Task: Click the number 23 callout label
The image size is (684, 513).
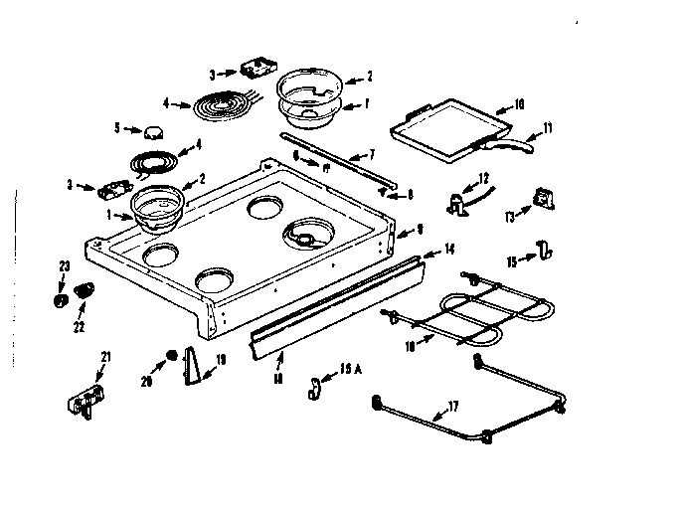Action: point(65,265)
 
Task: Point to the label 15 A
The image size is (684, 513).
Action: point(349,370)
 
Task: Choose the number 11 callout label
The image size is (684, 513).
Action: point(546,129)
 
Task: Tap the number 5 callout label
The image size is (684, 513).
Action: point(117,128)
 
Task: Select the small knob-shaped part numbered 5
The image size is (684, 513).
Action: point(153,132)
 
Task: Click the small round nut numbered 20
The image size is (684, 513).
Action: point(171,355)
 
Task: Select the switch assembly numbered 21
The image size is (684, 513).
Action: point(82,400)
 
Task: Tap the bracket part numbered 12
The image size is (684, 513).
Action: point(458,202)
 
